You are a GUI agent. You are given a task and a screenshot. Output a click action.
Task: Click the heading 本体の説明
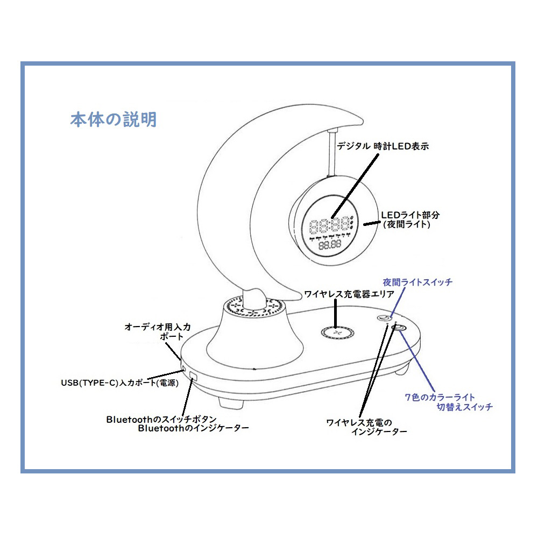(113, 119)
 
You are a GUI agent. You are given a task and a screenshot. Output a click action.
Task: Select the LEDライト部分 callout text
(410, 215)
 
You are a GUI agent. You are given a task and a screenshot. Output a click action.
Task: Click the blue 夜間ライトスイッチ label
(417, 282)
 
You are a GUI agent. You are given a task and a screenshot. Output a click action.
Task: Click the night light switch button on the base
(384, 318)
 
